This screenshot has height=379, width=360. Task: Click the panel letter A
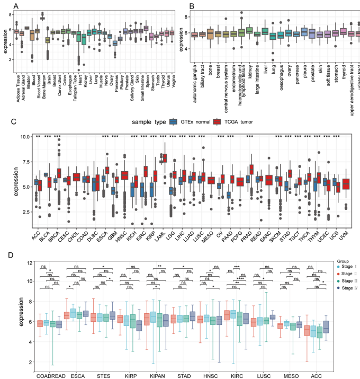point(16,6)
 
